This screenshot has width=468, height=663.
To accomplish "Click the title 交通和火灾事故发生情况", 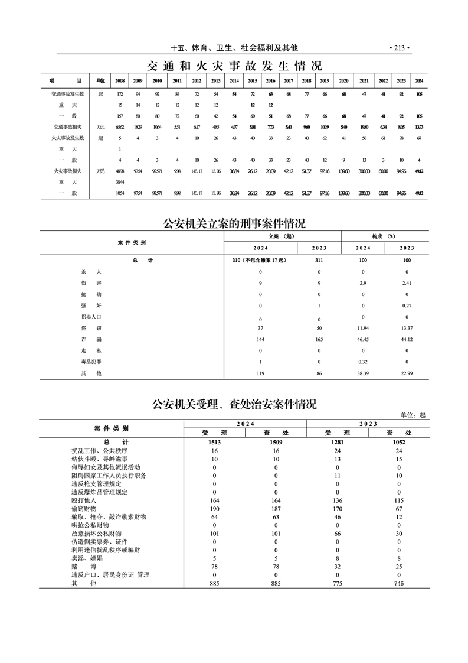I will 234,65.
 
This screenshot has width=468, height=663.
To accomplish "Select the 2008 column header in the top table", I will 120,80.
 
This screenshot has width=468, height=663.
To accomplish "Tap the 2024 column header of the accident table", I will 419,80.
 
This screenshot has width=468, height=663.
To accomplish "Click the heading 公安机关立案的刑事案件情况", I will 234,223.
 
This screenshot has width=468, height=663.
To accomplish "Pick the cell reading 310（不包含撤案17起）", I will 260,261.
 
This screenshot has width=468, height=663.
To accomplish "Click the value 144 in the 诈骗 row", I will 260,339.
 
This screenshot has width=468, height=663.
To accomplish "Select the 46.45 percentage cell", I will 363,339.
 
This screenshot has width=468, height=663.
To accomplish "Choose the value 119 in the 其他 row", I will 260,373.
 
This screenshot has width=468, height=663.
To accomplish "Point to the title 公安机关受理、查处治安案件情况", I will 234,404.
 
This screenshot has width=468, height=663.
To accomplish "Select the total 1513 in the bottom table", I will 214,442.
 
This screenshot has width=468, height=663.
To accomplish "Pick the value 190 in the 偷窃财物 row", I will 214,508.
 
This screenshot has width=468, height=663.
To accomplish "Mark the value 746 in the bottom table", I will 399,583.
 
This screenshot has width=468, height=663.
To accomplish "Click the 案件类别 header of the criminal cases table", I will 132,242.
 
